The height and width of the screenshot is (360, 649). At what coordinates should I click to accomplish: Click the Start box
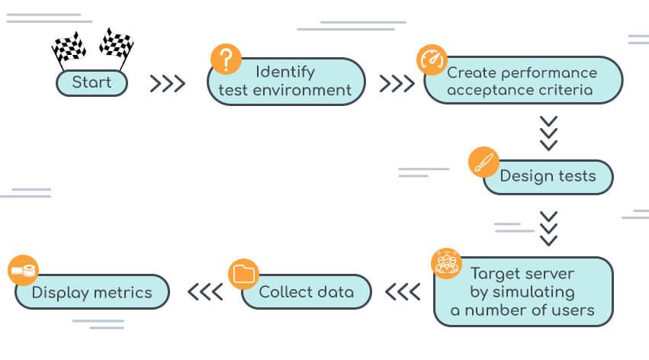click(92, 82)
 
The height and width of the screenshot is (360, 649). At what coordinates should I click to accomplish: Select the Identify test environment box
click(286, 82)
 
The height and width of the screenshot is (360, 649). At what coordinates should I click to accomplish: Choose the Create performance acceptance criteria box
click(522, 82)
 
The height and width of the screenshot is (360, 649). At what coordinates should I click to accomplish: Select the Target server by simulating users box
click(522, 292)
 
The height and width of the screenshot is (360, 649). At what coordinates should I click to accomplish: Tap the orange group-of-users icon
click(446, 262)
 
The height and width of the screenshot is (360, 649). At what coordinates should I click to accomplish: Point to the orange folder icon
click(243, 273)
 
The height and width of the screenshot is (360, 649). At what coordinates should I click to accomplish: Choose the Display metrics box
click(92, 292)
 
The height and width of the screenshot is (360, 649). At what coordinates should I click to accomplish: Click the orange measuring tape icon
click(24, 270)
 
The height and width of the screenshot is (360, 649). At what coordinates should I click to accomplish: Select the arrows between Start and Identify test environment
click(167, 83)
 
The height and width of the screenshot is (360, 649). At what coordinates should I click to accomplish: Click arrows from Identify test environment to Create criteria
click(397, 83)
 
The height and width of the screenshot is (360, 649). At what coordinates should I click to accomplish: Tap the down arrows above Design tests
click(548, 133)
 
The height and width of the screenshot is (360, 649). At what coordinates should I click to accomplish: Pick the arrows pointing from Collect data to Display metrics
click(205, 292)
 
